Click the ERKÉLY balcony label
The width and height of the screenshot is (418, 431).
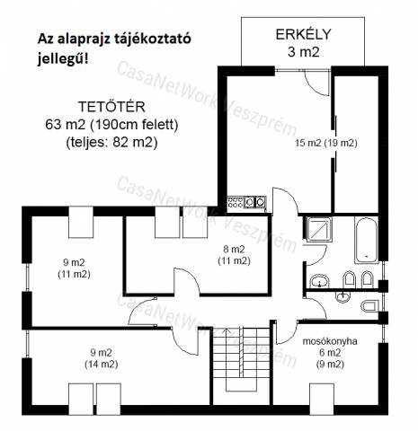pyautogui.click(x=303, y=34)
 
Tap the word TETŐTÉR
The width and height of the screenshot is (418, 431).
pyautogui.click(x=111, y=107)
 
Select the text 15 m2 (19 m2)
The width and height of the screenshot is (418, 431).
pyautogui.click(x=326, y=143)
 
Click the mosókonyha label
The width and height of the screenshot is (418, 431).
pyautogui.click(x=330, y=341)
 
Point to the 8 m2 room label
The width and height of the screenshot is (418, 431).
pyautogui.click(x=234, y=249)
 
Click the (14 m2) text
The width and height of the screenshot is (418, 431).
pyautogui.click(x=102, y=365)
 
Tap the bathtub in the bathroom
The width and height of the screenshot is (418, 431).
pyautogui.click(x=366, y=241)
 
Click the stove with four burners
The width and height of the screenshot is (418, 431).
pyautogui.click(x=236, y=202)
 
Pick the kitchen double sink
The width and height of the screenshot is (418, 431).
pyautogui.click(x=255, y=202)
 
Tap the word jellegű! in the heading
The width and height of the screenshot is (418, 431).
pyautogui.click(x=63, y=59)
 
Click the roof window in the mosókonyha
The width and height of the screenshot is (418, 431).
pyautogui.click(x=322, y=399)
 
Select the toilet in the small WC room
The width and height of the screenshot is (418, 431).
pyautogui.click(x=369, y=306)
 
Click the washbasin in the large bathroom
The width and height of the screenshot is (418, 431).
pyautogui.click(x=319, y=281)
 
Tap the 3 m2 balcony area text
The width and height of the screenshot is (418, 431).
pyautogui.click(x=303, y=52)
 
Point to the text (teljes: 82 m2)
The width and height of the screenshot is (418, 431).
pyautogui.click(x=111, y=143)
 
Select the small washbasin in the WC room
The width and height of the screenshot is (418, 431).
pyautogui.click(x=343, y=296)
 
